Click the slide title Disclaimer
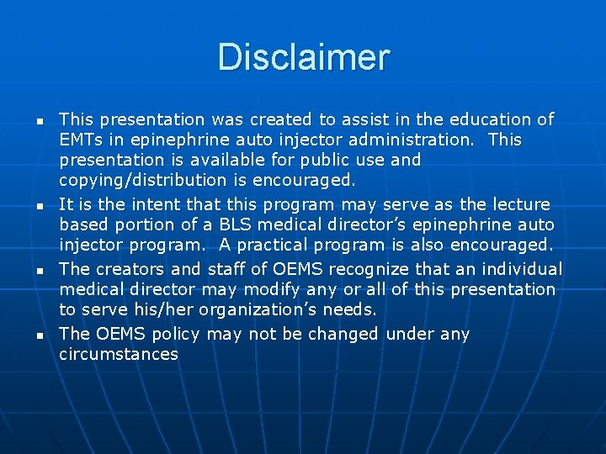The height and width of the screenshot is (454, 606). coord(303,58)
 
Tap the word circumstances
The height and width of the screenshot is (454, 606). coord(119,354)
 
